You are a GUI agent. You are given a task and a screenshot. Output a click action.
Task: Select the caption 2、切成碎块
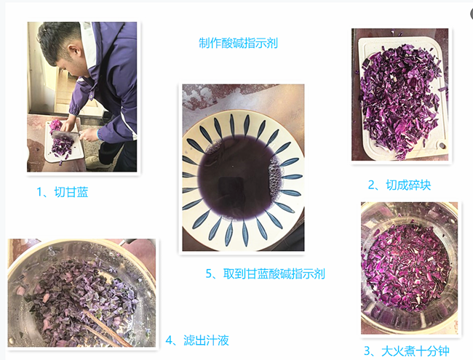click(399, 185)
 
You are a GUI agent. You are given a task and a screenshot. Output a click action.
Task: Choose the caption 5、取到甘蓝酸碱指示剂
click(265, 273)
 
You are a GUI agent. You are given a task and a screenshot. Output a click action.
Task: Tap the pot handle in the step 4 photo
click(18, 251)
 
